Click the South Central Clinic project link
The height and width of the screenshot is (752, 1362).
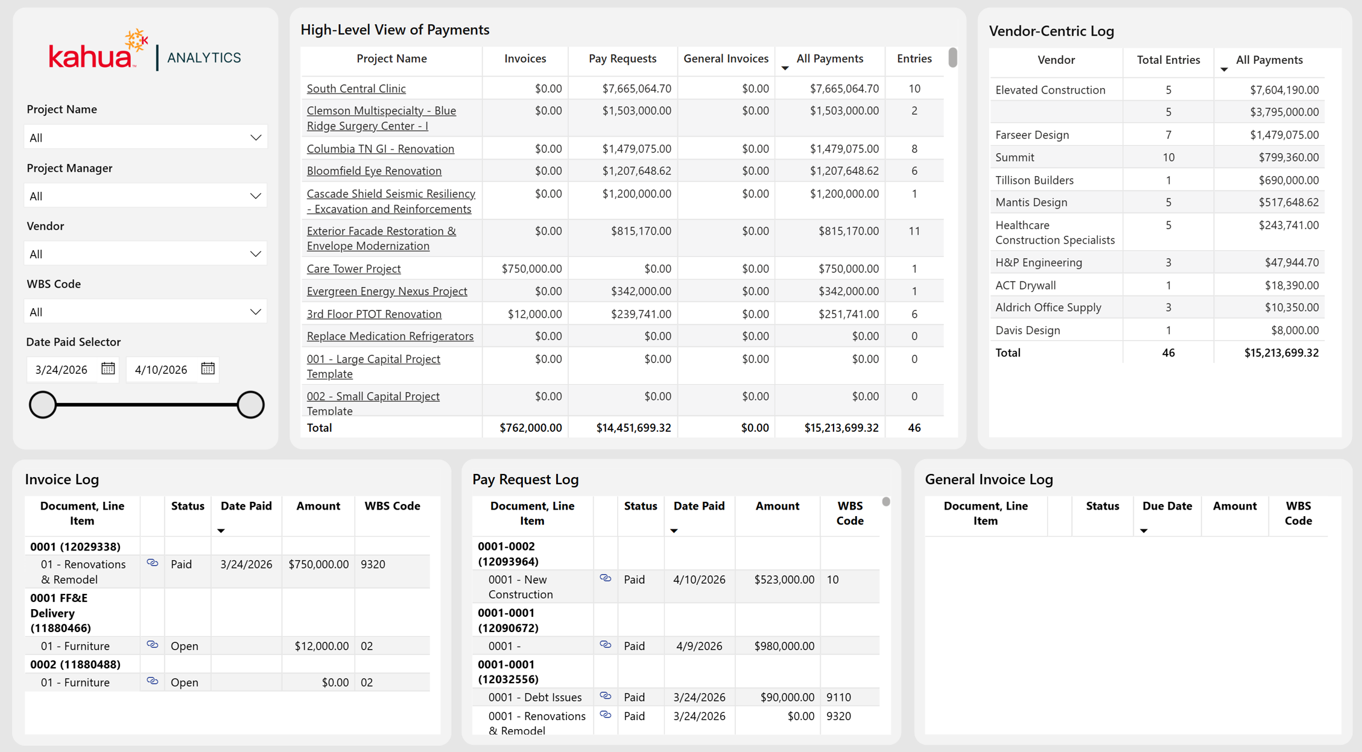click(x=356, y=89)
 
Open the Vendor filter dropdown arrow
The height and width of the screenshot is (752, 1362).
click(x=256, y=254)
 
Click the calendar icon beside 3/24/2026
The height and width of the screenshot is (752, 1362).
click(x=108, y=368)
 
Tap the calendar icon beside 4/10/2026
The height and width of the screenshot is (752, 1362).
click(x=207, y=368)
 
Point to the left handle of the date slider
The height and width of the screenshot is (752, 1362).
click(x=43, y=404)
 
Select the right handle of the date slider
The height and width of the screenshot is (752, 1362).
click(x=250, y=404)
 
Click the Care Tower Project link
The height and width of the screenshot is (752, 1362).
click(x=353, y=269)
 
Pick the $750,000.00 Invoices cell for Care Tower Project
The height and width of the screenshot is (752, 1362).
click(x=531, y=269)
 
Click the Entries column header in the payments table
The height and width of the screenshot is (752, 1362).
click(x=914, y=58)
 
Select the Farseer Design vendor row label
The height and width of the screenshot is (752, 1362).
click(x=1032, y=135)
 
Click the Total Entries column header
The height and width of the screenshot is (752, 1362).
click(x=1168, y=60)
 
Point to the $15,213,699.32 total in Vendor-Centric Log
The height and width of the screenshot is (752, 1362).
click(x=1281, y=353)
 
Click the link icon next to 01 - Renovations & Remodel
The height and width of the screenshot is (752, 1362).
click(x=153, y=563)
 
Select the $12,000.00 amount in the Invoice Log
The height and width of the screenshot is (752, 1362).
click(x=321, y=646)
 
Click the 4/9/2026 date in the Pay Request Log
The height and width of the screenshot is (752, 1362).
click(x=699, y=646)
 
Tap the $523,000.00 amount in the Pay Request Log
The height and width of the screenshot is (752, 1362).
click(x=784, y=580)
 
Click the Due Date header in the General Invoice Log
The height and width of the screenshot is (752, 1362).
click(x=1167, y=506)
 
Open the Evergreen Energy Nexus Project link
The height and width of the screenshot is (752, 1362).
click(x=387, y=291)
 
